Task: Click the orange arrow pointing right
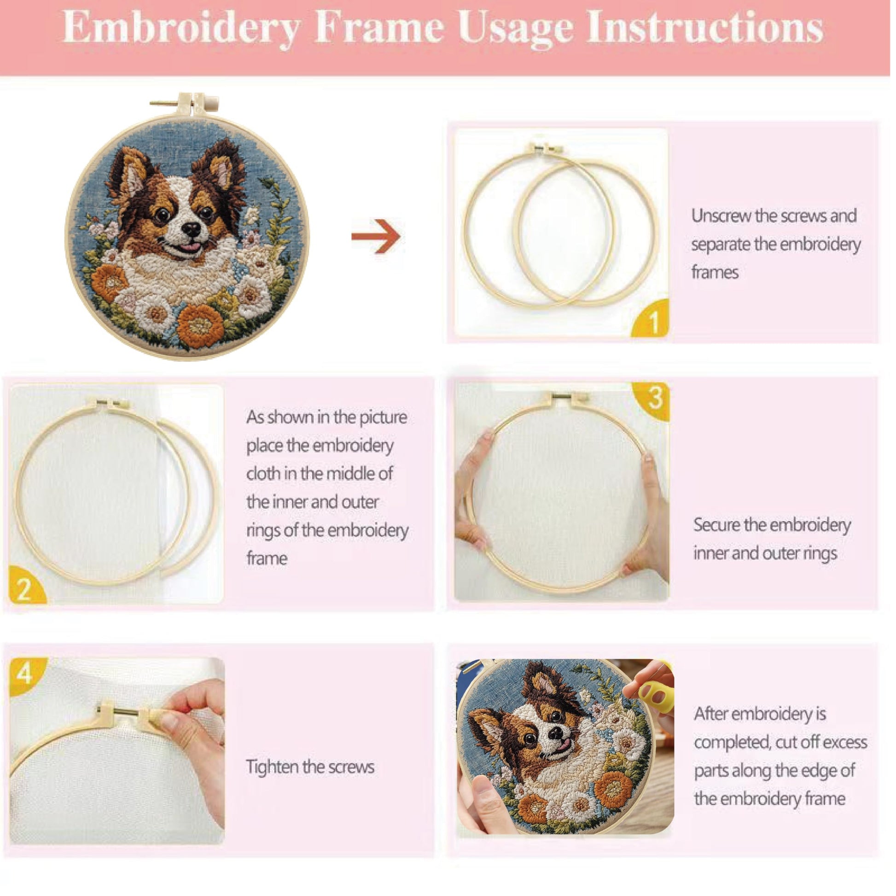pyautogui.click(x=376, y=237)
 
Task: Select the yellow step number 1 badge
pyautogui.click(x=651, y=319)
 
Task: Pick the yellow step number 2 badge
pyautogui.click(x=25, y=586)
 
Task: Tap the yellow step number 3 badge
pyautogui.click(x=652, y=400)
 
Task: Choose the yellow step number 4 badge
pyautogui.click(x=26, y=676)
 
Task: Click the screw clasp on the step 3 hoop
pyautogui.click(x=564, y=398)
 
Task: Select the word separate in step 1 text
pyautogui.click(x=720, y=245)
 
